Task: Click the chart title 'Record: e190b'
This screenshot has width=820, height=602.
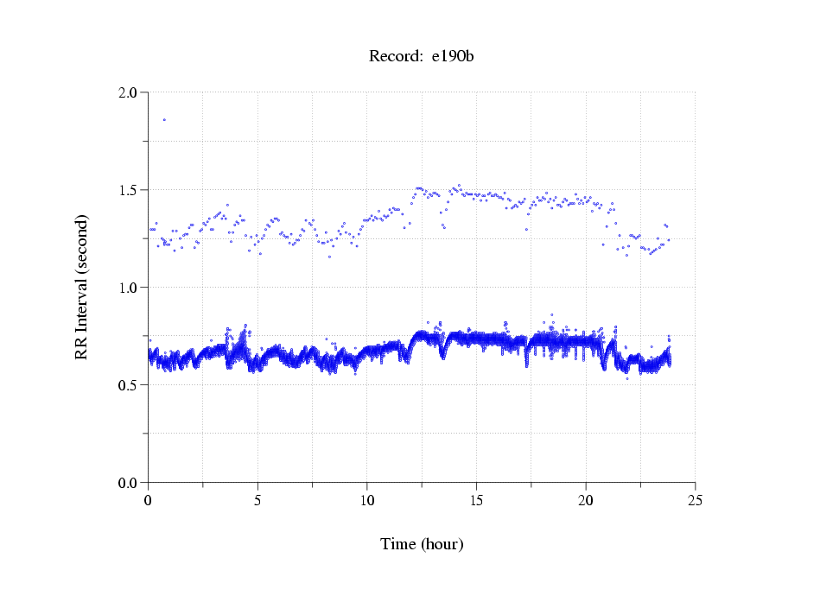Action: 422,57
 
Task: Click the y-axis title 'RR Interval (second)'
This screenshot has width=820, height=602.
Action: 81,287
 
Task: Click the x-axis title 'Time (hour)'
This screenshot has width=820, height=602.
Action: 422,544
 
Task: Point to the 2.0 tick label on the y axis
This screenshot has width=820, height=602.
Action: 129,92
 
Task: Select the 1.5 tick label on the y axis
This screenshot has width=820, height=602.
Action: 129,190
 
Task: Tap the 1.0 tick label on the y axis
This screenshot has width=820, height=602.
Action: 129,288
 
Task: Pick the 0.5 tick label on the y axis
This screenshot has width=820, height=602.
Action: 129,385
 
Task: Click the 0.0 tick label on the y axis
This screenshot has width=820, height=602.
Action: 129,483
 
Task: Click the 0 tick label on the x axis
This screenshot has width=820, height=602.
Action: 149,500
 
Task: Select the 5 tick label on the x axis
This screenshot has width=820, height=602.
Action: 257,500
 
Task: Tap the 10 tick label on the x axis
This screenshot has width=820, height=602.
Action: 367,500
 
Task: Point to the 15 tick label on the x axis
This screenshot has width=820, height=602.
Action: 476,500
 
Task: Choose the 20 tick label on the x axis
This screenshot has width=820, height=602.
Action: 586,500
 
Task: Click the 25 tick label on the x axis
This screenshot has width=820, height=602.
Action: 695,500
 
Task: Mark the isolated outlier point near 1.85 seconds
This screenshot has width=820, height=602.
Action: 164,119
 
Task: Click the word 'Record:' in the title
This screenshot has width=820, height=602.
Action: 396,57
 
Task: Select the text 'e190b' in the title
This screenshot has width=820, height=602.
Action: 453,57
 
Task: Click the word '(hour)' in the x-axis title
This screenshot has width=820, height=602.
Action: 442,544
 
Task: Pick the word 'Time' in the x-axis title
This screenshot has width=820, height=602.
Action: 398,544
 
